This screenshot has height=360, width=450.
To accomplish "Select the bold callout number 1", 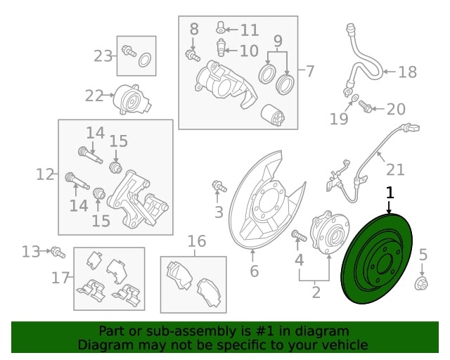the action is (x=390, y=193).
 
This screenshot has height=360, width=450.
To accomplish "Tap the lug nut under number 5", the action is (x=421, y=284).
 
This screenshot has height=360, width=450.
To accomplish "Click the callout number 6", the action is (x=255, y=271).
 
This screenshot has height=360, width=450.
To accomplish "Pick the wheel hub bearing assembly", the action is (x=330, y=233).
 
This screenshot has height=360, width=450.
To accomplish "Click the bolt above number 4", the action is (x=299, y=236).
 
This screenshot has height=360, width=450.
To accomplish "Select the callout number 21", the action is (x=395, y=169).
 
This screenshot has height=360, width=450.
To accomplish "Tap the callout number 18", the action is (x=408, y=72).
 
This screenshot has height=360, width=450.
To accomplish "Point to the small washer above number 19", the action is (x=354, y=98).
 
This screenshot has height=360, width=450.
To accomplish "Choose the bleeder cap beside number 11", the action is (x=219, y=27).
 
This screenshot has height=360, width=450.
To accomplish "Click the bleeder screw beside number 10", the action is (x=220, y=47).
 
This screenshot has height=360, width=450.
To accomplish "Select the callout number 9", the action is (x=278, y=41).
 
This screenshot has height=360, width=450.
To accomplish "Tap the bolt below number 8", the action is (x=193, y=55).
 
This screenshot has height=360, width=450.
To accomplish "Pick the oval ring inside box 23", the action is (x=144, y=60).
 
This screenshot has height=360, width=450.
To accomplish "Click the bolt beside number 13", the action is (x=58, y=252).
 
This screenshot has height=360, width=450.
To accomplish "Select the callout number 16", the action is (x=197, y=241).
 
